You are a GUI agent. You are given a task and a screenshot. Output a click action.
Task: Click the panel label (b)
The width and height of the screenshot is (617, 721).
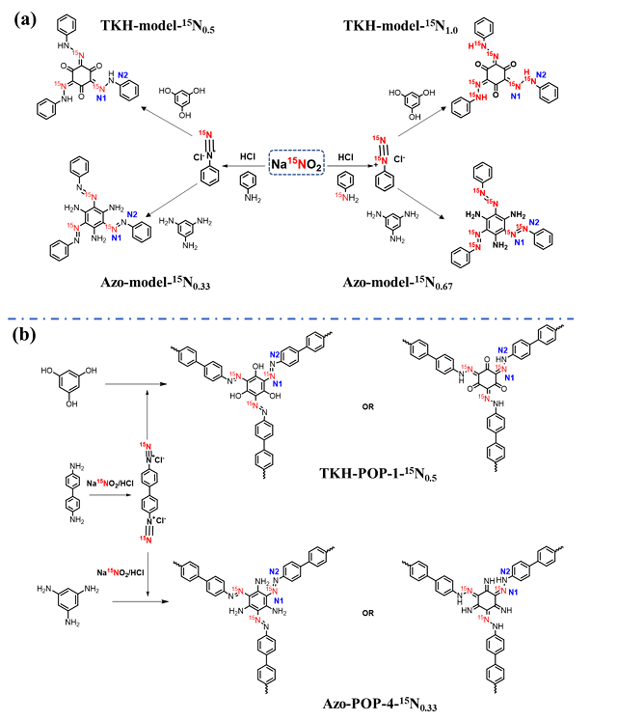pyautogui.click(x=28, y=335)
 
